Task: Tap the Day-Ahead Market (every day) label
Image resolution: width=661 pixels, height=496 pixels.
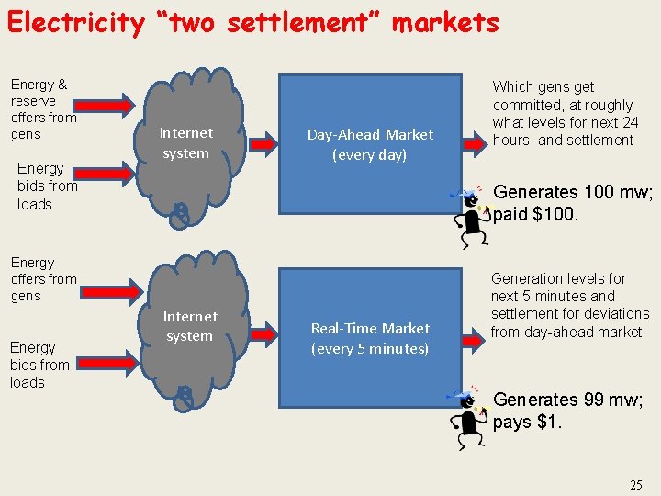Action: [x=370, y=145]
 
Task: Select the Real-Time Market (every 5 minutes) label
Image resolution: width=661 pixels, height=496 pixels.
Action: [x=370, y=338]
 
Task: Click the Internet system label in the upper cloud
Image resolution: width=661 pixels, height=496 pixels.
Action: [x=185, y=143]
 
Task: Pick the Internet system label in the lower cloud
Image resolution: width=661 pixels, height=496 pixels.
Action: [x=189, y=326]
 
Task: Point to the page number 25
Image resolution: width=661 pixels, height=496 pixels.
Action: [x=636, y=484]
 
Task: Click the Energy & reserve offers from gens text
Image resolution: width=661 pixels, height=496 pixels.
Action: [x=43, y=109]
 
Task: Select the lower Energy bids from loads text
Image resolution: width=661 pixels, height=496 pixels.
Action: [x=33, y=365]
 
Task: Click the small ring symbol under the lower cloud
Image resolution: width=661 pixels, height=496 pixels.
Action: [x=185, y=396]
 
